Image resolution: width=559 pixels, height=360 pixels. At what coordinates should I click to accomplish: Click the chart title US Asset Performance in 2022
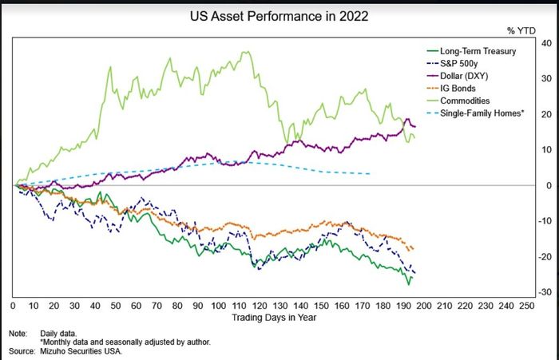(279, 17)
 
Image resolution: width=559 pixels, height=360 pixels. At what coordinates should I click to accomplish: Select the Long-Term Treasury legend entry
(471, 51)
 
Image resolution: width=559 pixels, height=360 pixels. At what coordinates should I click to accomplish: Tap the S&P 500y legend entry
(452, 64)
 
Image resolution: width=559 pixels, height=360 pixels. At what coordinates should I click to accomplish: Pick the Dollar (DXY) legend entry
(458, 76)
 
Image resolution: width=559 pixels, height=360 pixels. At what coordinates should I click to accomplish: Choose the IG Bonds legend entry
(451, 89)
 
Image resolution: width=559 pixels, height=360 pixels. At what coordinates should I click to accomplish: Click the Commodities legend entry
(458, 101)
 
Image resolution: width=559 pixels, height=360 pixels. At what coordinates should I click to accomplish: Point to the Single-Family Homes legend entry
(476, 113)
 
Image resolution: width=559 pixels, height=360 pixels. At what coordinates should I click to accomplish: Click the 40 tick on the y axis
(546, 43)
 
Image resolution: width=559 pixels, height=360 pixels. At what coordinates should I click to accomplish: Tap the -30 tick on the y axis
(545, 292)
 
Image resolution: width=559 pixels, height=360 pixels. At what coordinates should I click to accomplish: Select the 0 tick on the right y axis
(549, 185)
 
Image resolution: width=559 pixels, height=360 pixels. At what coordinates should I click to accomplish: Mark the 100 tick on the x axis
(218, 306)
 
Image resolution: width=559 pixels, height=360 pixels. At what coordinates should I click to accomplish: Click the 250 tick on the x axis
(527, 306)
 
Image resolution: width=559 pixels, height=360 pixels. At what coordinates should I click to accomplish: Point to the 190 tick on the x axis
(403, 306)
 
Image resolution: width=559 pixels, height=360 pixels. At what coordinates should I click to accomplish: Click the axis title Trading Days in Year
(274, 318)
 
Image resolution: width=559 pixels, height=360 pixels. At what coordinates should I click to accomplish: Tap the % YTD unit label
(521, 31)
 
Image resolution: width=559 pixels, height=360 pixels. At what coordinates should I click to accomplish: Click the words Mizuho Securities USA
(81, 351)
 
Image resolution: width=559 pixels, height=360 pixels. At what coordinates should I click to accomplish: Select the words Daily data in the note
(58, 334)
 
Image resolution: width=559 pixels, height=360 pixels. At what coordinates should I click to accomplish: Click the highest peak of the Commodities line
(247, 52)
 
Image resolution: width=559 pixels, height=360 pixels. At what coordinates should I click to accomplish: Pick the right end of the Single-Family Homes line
(370, 173)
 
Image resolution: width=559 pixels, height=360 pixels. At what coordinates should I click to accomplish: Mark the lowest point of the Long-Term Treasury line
(409, 285)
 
